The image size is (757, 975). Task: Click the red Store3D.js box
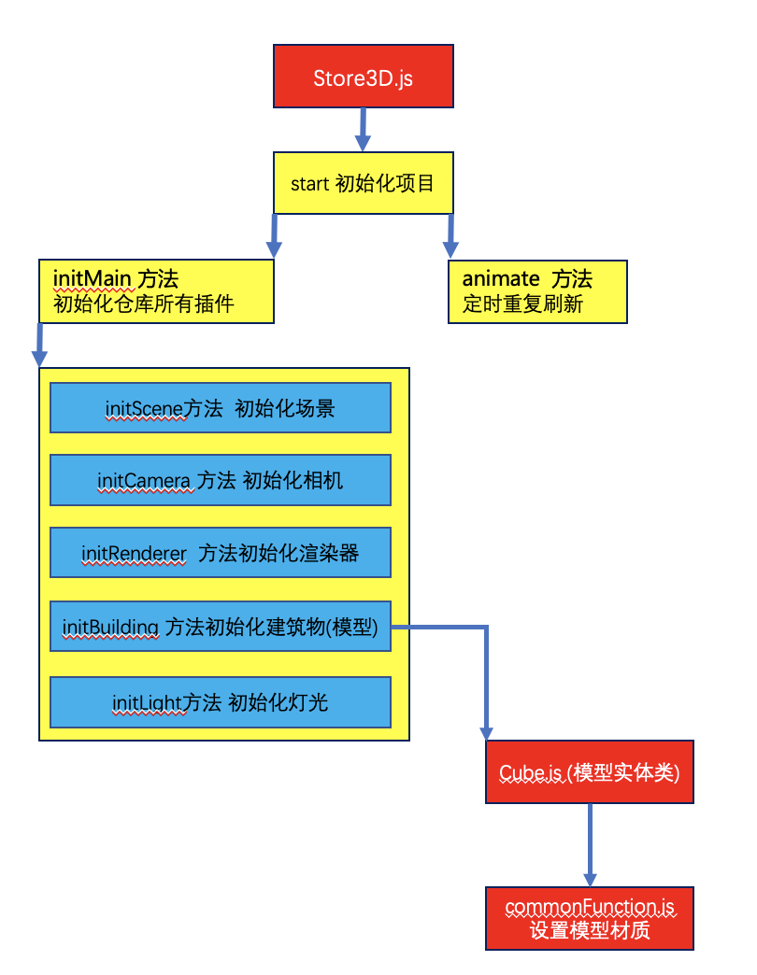point(363,76)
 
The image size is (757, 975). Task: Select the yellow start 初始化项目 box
point(363,183)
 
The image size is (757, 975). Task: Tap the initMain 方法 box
point(157,291)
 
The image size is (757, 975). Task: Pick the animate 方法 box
point(537,291)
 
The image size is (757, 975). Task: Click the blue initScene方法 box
point(221,407)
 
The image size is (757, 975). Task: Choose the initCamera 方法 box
point(221,480)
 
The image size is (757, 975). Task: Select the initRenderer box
point(221,553)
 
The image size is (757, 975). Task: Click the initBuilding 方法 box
point(221,627)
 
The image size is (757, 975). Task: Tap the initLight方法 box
point(221,702)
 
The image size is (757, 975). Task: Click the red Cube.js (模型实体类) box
point(590,771)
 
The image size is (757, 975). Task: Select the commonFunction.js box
point(590,918)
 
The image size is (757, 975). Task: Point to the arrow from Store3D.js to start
point(363,129)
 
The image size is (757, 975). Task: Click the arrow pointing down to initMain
point(274,235)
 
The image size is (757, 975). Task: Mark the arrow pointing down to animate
point(450,235)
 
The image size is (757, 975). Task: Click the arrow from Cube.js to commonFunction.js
point(590,844)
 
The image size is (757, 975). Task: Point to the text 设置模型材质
point(590,930)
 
